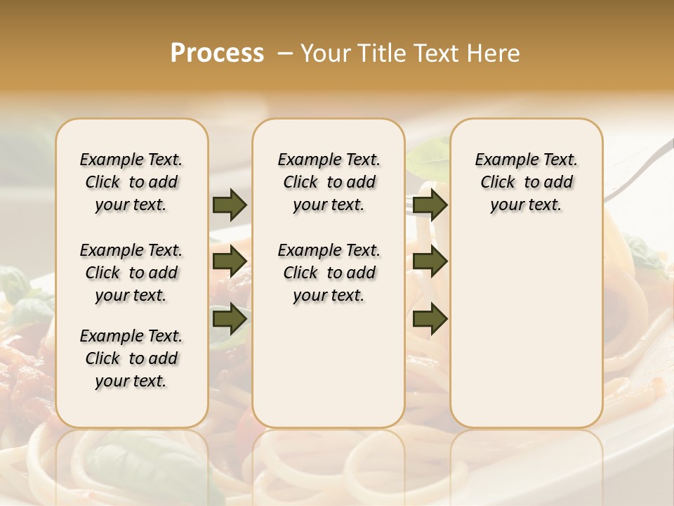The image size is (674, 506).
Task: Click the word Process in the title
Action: [217, 53]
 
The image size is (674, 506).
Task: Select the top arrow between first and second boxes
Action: [230, 205]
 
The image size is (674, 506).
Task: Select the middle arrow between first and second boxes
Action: [230, 261]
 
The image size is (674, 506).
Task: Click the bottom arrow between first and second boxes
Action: [230, 318]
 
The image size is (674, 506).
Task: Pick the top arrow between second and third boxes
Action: [430, 205]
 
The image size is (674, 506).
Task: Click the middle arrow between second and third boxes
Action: [430, 261]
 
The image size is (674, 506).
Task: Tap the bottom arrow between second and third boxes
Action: [430, 318]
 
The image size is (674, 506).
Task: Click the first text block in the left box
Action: [131, 182]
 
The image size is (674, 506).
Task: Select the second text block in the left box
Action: [131, 273]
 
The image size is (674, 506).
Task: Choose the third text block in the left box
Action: [131, 358]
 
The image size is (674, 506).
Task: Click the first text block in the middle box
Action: [329, 182]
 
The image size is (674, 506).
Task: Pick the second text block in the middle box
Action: [329, 273]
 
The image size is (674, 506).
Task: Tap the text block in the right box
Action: [526, 182]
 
